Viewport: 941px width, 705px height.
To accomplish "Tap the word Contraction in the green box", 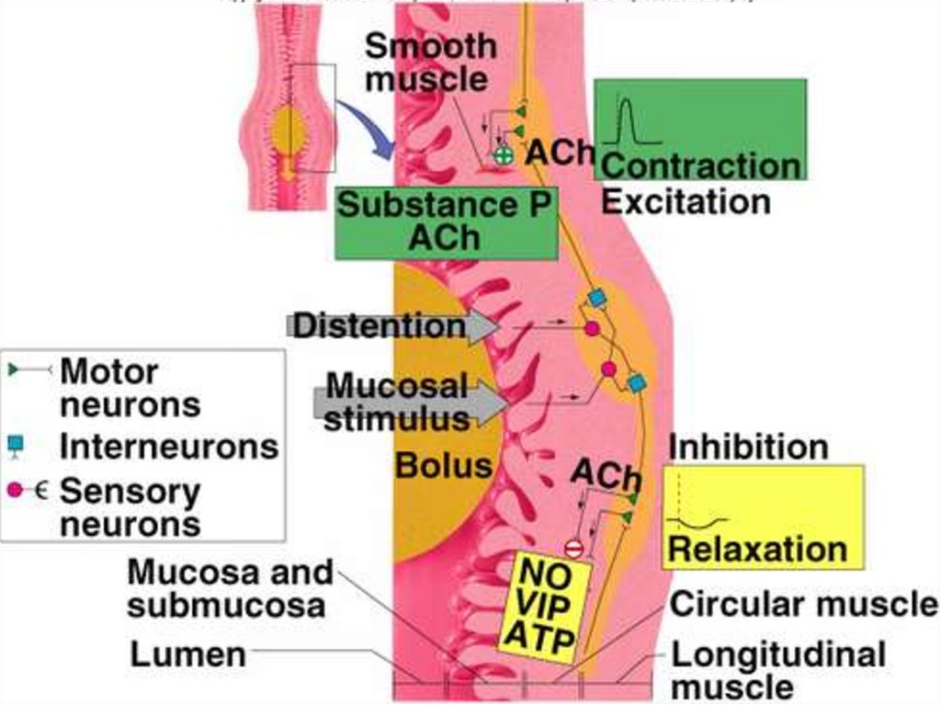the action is coord(700,166).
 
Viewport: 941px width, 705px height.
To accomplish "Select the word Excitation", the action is coord(686,201).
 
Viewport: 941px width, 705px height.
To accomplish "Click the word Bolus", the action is coord(444,465).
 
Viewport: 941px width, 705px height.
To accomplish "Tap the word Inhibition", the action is coord(748,447).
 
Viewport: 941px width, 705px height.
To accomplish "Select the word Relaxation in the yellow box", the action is coord(757,550).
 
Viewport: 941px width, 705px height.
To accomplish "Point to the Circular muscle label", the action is coord(804,605).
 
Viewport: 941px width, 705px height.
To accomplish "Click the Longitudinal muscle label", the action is coord(778,670).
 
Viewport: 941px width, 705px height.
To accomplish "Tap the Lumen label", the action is coord(187,654).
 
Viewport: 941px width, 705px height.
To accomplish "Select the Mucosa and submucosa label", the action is coord(230,588).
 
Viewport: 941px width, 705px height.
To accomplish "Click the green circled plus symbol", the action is coord(502,156).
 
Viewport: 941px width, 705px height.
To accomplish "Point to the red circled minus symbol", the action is coord(573,549).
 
